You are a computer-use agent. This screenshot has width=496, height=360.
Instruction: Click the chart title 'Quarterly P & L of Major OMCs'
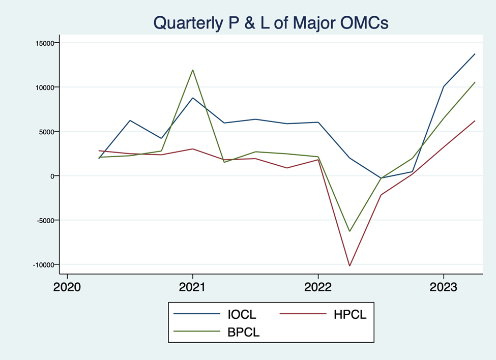coord(271,22)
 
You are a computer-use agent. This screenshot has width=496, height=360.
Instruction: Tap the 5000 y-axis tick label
coord(46,132)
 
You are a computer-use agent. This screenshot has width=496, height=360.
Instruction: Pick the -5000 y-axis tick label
coord(45,220)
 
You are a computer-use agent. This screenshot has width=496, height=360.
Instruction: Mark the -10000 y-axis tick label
coord(43,264)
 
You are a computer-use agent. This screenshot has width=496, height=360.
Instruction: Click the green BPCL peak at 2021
coord(192,70)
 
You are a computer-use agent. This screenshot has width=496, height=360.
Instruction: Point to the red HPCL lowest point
coord(349,265)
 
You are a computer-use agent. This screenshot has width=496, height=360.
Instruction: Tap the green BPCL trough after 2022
coord(349,231)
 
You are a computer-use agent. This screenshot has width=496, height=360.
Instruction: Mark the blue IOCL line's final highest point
coord(475,54)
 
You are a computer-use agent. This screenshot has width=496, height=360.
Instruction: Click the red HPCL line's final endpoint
coord(475,121)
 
